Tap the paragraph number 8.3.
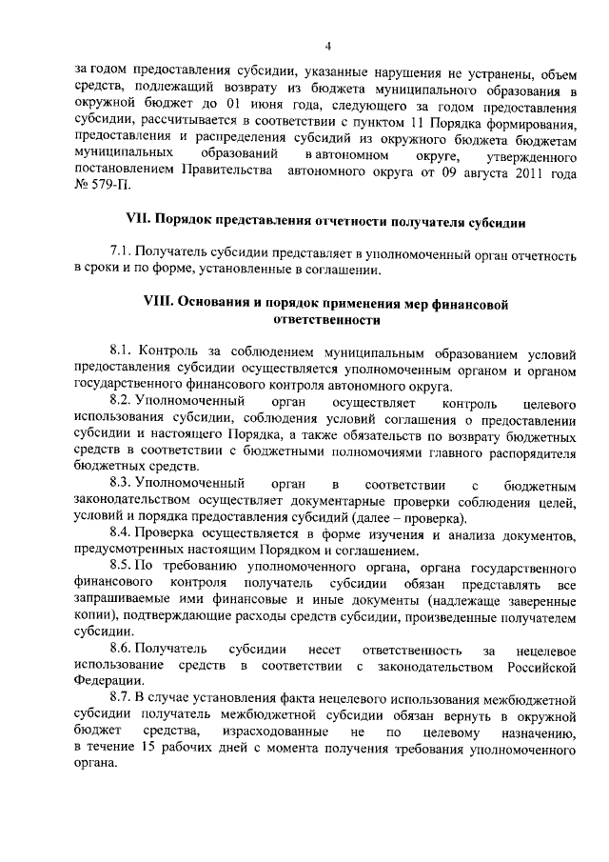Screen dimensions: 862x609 click(121, 484)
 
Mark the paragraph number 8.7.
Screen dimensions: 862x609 click(121, 699)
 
